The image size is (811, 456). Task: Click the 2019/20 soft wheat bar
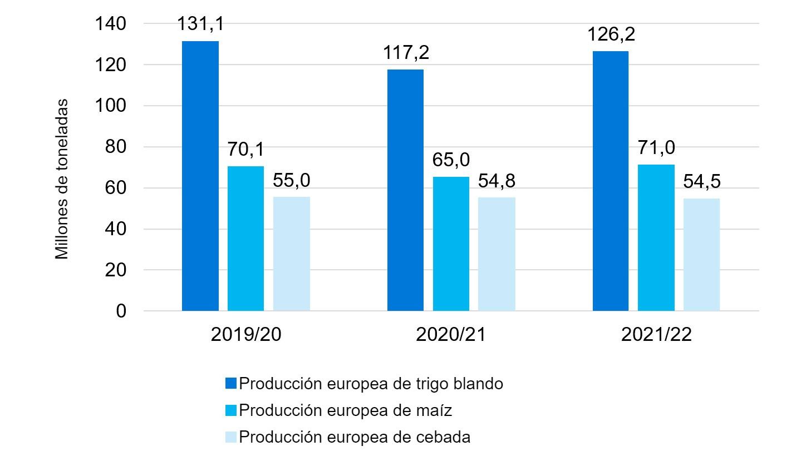tap(200, 176)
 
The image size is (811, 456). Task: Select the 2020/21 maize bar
tap(451, 244)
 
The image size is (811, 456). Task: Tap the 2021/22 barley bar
tap(701, 254)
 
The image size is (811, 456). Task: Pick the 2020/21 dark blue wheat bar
tap(405, 190)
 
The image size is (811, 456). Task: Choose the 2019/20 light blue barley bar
tap(291, 254)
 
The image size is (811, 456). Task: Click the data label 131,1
tap(200, 24)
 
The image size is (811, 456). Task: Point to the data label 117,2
tap(406, 53)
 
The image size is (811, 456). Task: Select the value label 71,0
tap(656, 148)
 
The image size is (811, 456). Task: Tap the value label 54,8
tap(497, 181)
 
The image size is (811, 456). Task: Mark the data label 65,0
tap(451, 160)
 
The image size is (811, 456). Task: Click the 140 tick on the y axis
tap(114, 24)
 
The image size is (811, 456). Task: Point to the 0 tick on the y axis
tap(121, 311)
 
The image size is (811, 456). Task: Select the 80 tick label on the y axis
tap(118, 147)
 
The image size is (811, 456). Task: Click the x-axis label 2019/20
tap(246, 335)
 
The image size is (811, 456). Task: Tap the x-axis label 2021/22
tap(656, 335)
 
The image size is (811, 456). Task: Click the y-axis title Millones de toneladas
tap(62, 179)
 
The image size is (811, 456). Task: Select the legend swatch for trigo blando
tap(232, 384)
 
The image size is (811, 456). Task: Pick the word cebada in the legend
tap(443, 437)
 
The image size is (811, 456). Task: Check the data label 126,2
tap(611, 35)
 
